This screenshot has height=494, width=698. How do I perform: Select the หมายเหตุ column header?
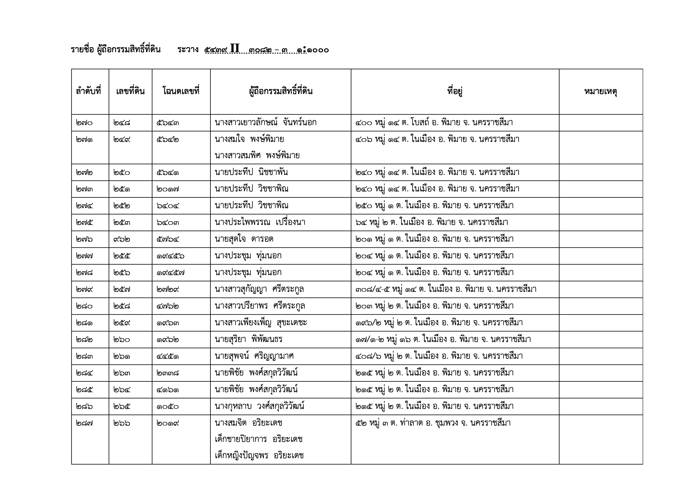click(x=601, y=91)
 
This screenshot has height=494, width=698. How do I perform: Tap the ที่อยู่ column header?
click(x=455, y=91)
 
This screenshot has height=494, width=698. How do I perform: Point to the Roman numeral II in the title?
click(x=235, y=49)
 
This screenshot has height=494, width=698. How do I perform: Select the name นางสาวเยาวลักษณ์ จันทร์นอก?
click(x=265, y=123)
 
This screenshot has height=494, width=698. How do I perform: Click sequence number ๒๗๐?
click(x=84, y=123)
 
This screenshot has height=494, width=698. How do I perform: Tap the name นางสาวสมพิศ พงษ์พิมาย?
click(x=257, y=156)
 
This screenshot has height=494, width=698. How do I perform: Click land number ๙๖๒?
click(x=122, y=239)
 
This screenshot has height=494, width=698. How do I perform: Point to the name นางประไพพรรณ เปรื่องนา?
click(x=260, y=222)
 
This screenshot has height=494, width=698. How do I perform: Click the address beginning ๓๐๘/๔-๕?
click(x=446, y=289)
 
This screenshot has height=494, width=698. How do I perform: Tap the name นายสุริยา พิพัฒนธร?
click(x=248, y=339)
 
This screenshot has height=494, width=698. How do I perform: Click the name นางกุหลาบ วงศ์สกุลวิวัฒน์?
click(x=259, y=406)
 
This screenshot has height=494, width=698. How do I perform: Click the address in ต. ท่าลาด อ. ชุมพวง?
click(x=433, y=423)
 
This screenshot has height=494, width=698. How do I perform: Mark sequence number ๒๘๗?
click(x=84, y=423)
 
